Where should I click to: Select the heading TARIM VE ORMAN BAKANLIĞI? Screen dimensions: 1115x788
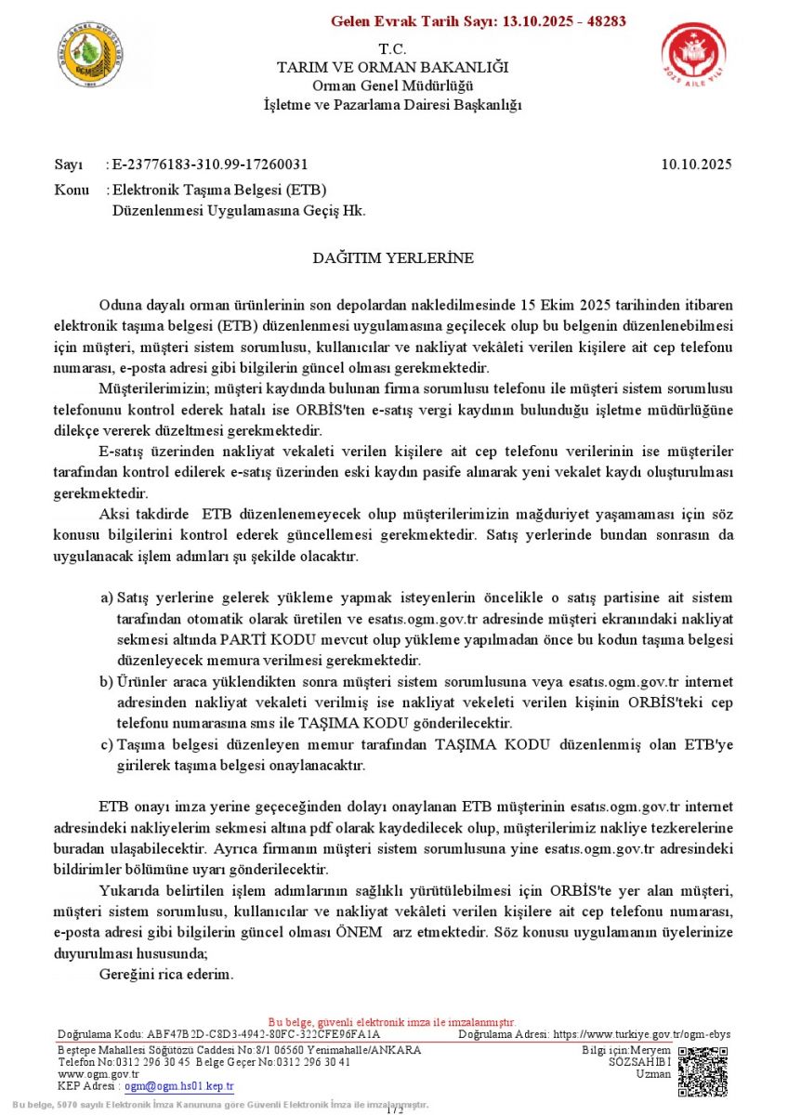tap(393, 68)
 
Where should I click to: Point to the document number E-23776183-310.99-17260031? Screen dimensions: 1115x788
tap(210, 164)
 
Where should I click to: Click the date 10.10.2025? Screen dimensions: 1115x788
tap(697, 164)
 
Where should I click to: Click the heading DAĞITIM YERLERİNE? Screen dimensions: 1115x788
tap(393, 257)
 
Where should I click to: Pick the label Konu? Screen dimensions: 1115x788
tap(72, 190)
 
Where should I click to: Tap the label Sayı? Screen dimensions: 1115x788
tap(69, 164)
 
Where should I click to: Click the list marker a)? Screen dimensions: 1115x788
tap(107, 597)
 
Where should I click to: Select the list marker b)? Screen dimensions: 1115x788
tap(107, 682)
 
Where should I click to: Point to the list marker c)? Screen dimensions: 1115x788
tap(107, 745)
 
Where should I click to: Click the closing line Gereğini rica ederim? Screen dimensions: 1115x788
tap(166, 976)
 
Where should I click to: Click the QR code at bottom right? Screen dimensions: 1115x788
tap(703, 1072)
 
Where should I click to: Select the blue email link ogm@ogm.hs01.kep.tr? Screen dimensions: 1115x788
tap(179, 1086)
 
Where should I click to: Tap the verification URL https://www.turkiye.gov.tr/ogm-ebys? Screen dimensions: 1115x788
tap(642, 1034)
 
